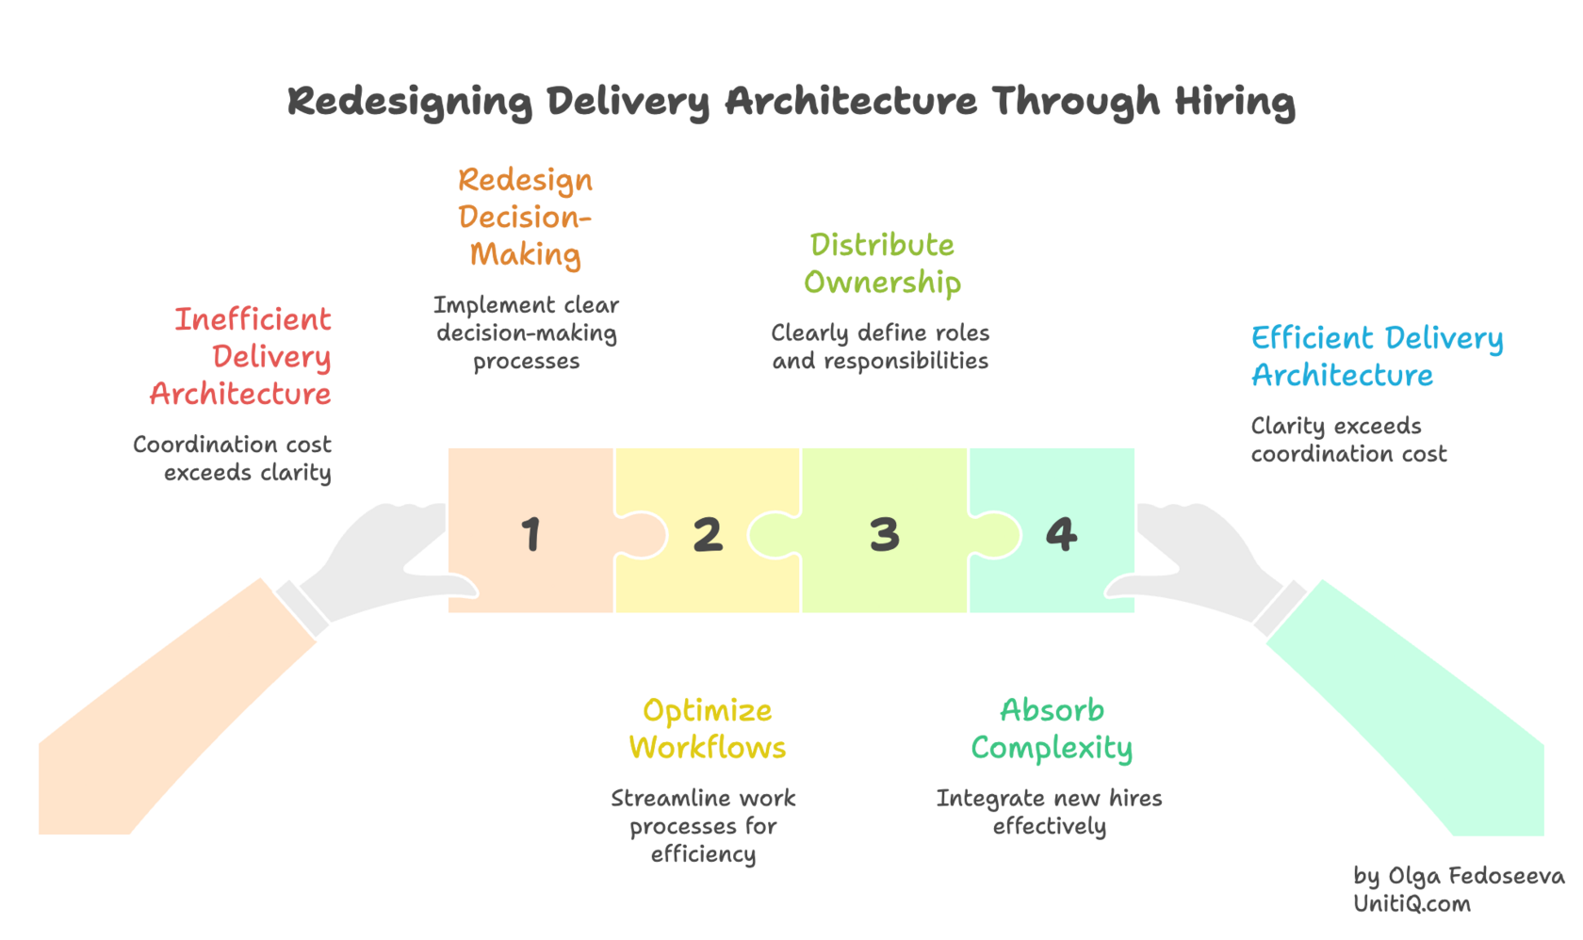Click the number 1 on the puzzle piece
point(531,534)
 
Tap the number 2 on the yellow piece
point(708,534)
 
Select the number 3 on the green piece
point(885,534)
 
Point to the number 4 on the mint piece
point(1061,534)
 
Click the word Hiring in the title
point(1234,101)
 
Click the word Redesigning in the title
point(410,101)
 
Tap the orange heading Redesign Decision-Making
point(526,218)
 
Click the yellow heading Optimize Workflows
point(707,729)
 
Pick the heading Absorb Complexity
point(1052,729)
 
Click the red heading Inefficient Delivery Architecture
point(247,356)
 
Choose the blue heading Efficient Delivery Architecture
point(1376,356)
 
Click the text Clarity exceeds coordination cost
point(1347,440)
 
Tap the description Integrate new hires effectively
point(1049,812)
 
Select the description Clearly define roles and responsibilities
point(880,347)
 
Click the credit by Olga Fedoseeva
point(1459,876)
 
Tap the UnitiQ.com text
point(1412,904)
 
